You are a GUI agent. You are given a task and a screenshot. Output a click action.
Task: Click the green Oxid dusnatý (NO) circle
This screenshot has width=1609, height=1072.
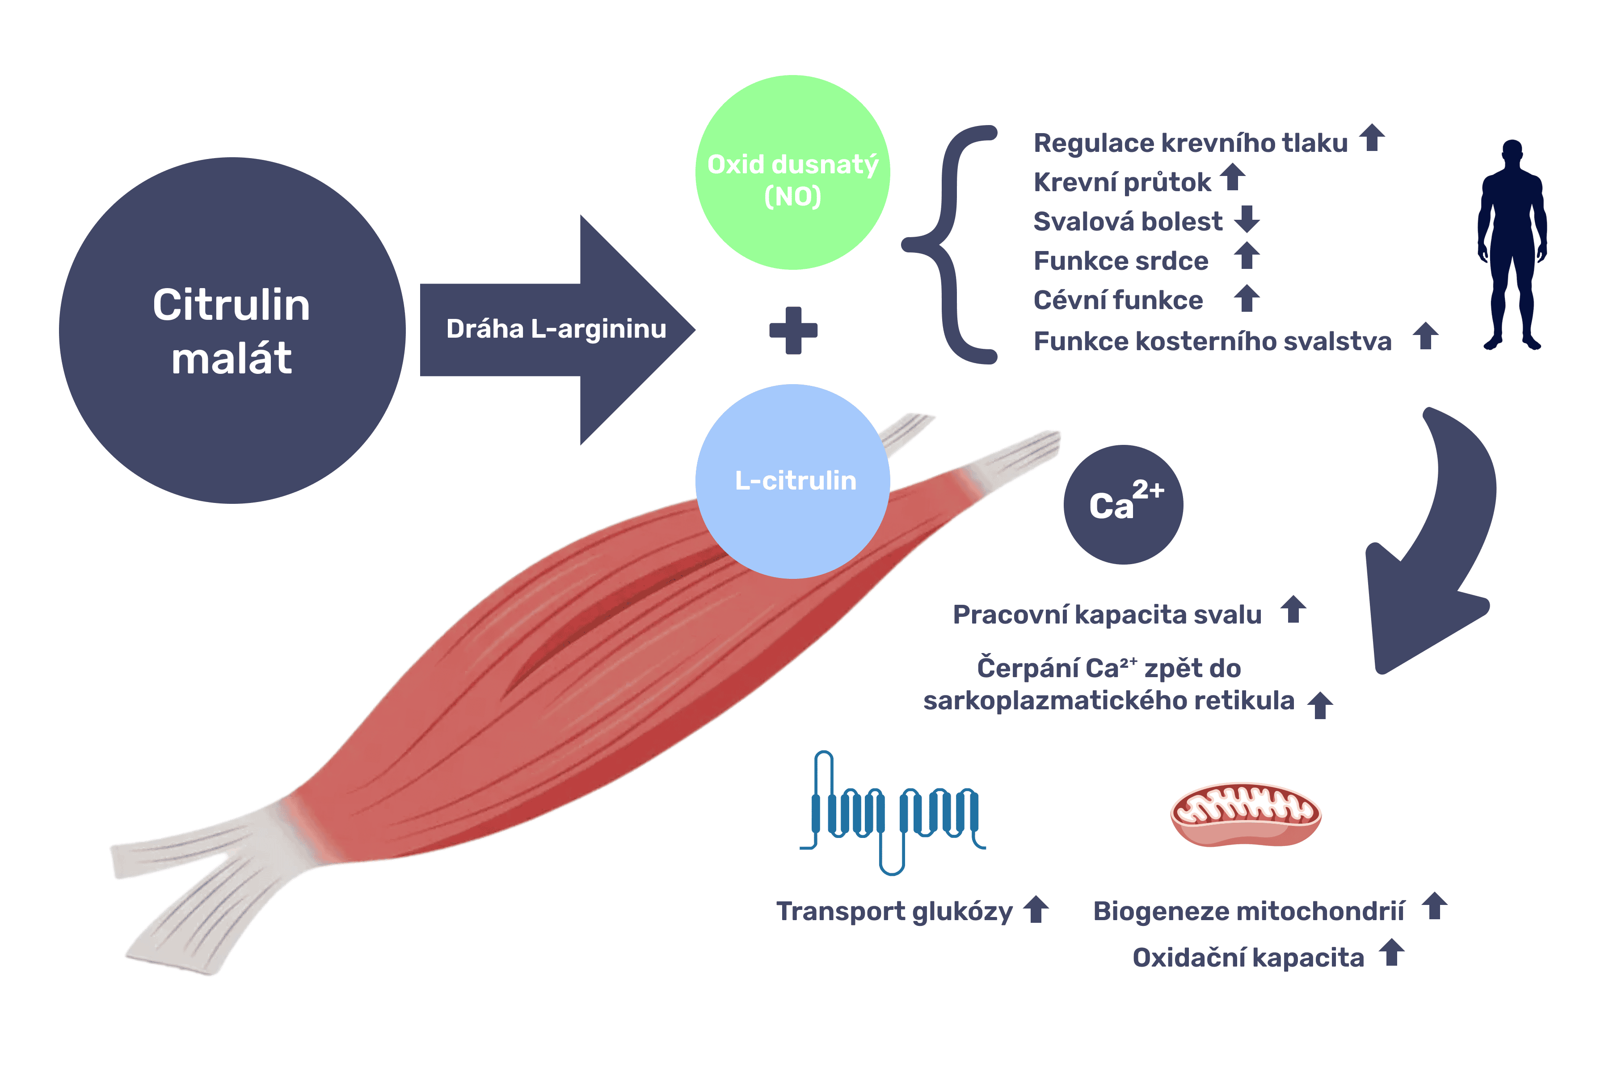tap(792, 172)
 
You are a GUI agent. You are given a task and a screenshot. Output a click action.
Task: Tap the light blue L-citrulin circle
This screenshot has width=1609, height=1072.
tap(792, 482)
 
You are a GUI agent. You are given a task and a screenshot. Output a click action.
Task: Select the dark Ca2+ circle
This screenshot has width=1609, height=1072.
tap(1123, 505)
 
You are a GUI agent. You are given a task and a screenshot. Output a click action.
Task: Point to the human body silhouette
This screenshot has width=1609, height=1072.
tap(1512, 246)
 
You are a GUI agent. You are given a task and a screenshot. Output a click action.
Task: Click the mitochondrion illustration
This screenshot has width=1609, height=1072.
tap(1245, 814)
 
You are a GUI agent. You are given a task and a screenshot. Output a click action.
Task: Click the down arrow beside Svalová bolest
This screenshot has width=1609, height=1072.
tap(1247, 219)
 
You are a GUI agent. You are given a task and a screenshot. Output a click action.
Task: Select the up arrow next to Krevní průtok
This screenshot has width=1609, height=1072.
tap(1233, 177)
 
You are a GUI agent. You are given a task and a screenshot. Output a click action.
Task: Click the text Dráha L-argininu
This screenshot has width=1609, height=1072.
tap(556, 329)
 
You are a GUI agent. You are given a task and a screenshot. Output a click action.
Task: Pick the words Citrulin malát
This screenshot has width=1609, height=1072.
tap(231, 331)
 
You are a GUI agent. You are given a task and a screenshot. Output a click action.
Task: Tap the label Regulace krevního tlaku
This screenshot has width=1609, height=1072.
tap(1190, 143)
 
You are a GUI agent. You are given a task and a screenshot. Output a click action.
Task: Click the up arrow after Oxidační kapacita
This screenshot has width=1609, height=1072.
tap(1391, 952)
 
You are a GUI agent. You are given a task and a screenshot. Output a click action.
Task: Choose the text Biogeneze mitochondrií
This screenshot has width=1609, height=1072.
tap(1248, 911)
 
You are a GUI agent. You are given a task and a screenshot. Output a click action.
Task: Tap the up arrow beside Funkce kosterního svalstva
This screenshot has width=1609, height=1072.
tap(1426, 336)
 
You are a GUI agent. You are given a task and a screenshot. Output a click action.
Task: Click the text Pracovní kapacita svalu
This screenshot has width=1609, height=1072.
tap(1107, 615)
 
